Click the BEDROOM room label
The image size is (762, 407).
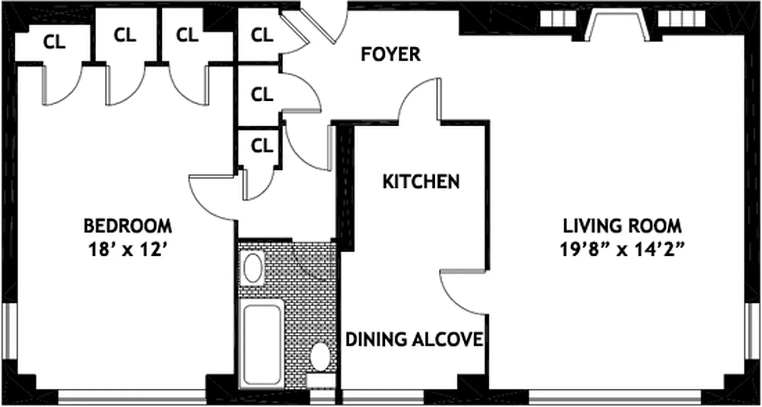[x=127, y=225]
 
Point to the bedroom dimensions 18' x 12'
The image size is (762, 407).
[x=127, y=250]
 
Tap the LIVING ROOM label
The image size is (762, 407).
[x=622, y=225]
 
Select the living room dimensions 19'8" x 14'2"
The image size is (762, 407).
[x=622, y=250]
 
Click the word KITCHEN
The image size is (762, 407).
[x=421, y=182]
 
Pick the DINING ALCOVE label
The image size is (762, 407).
[x=414, y=339]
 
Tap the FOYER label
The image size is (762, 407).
[x=390, y=54]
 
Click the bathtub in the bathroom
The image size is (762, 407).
[x=262, y=343]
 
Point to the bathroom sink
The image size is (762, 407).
[x=253, y=269]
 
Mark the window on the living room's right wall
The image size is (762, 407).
[x=752, y=330]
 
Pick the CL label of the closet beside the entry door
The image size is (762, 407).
[x=262, y=35]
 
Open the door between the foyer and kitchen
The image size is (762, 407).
[x=420, y=99]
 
